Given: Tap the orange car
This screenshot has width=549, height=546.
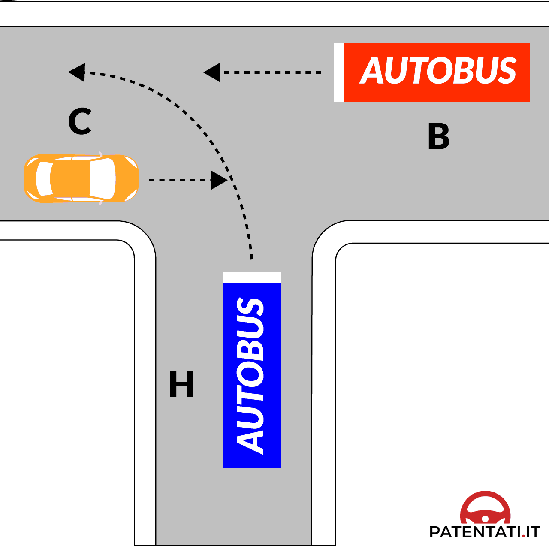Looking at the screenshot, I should [x=81, y=178].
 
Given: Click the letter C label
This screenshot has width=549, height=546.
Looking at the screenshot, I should [x=80, y=121].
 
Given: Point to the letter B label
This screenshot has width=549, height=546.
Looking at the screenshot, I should [x=438, y=136].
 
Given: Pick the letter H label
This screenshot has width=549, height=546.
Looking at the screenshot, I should [x=181, y=384].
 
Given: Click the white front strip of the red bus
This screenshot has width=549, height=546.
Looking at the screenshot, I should [x=339, y=72].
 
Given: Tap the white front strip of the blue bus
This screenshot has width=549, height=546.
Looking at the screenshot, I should [x=252, y=277].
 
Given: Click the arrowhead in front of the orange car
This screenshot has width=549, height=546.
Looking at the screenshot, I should [x=219, y=180].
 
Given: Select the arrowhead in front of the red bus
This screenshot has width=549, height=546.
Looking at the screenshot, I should [x=212, y=72].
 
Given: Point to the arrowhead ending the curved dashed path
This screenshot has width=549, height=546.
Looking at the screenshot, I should [x=77, y=72].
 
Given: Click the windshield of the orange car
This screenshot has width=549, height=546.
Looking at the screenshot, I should [x=103, y=178].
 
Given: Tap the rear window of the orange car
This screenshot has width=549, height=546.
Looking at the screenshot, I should [x=44, y=178].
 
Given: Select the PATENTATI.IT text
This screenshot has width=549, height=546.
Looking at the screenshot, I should [x=484, y=532].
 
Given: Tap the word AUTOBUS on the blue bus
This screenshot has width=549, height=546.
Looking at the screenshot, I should [x=250, y=375].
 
